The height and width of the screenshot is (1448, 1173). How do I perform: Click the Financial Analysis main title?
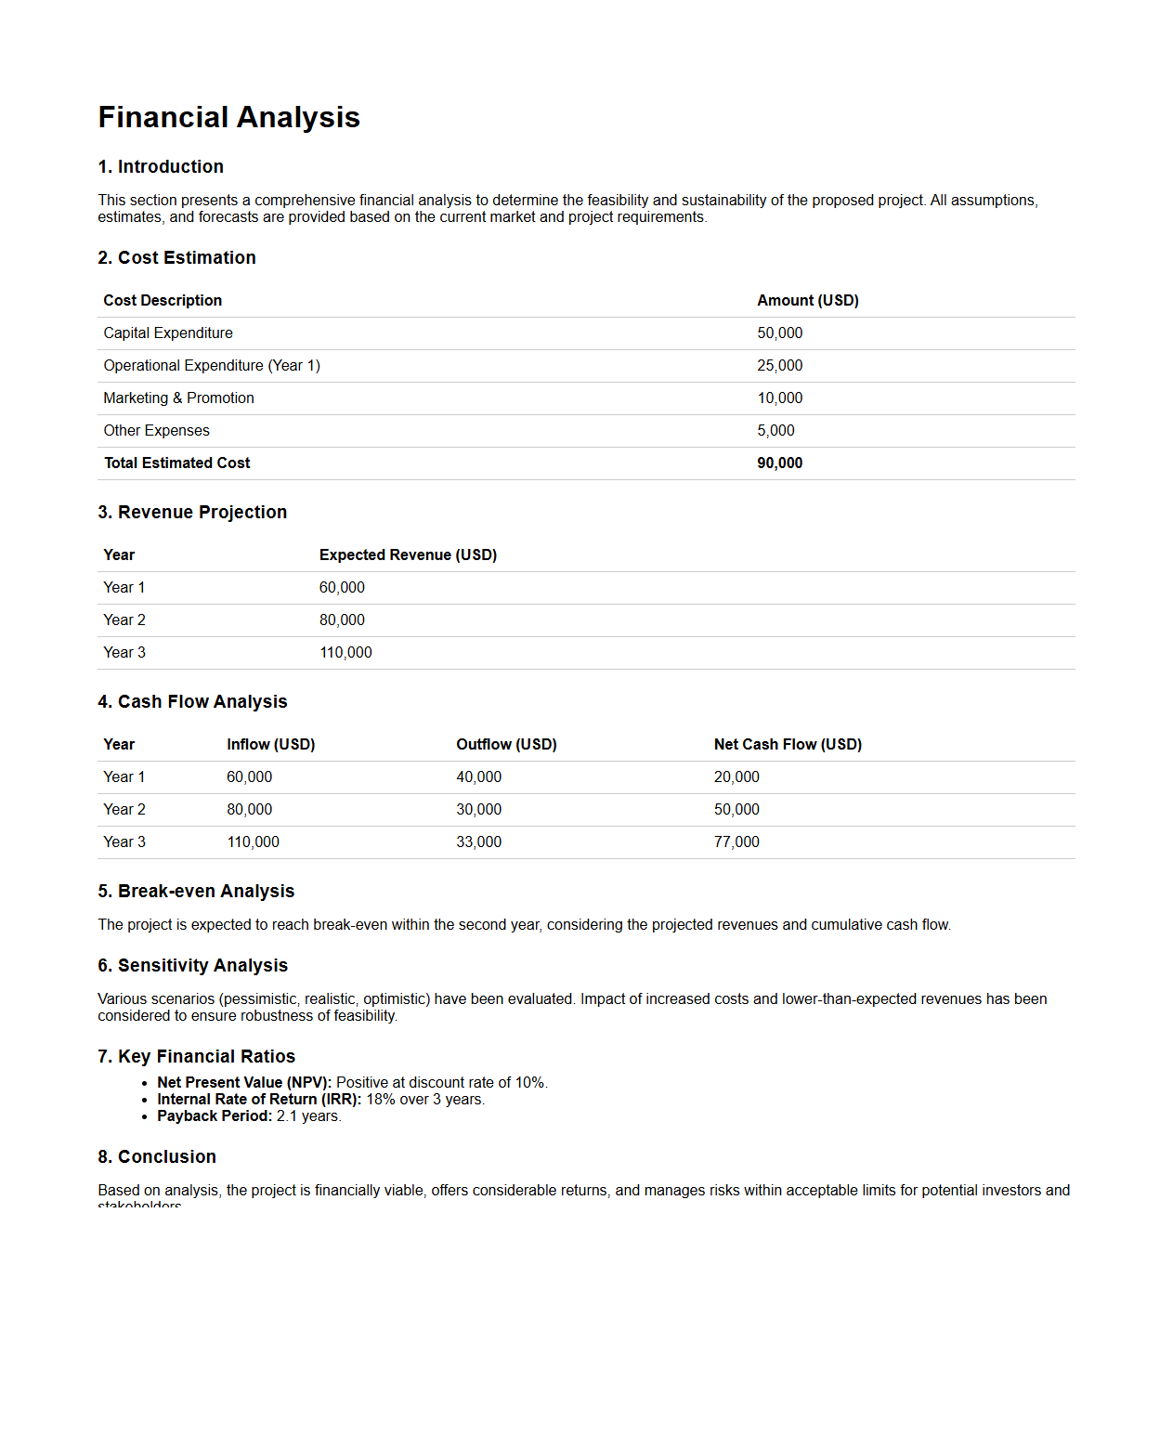[x=228, y=118]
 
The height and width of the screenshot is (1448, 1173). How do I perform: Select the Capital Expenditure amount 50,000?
[x=779, y=333]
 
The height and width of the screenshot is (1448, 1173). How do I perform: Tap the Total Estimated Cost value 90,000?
[x=779, y=463]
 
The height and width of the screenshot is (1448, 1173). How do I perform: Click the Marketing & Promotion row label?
[x=178, y=398]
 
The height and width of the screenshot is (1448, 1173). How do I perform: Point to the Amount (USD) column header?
[x=807, y=301]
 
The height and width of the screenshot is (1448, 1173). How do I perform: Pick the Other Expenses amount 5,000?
[x=775, y=431]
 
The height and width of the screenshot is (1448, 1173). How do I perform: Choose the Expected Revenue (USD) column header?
[x=408, y=555]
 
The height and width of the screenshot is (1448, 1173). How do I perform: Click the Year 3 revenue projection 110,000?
[x=345, y=653]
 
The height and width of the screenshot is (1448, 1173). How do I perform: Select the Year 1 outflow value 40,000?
[x=478, y=777]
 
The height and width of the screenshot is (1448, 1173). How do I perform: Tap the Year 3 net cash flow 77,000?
[x=736, y=842]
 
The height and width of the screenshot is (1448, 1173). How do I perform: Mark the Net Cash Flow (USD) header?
[x=788, y=745]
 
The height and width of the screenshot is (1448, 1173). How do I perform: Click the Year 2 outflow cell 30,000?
[x=478, y=810]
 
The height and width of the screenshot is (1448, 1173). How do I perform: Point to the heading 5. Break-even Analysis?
[x=196, y=892]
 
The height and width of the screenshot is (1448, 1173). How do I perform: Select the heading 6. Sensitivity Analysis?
[x=192, y=966]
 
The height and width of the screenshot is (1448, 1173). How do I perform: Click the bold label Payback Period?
[x=215, y=1116]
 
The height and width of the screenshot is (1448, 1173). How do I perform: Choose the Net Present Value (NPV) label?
[x=244, y=1083]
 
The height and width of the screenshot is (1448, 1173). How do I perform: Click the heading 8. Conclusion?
[x=157, y=1157]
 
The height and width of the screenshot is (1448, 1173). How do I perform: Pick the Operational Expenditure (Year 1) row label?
[x=212, y=366]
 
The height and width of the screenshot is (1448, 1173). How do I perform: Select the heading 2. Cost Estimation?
[x=176, y=258]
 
